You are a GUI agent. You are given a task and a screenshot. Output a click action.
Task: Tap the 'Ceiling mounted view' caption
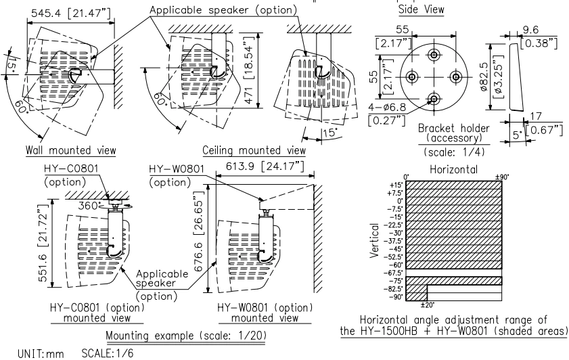254,150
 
